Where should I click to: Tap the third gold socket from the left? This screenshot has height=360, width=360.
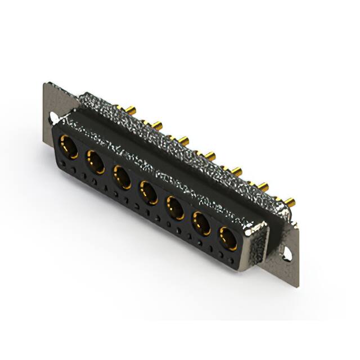pyautogui.click(x=122, y=177)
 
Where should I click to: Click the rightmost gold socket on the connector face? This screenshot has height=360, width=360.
pyautogui.click(x=228, y=238)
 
